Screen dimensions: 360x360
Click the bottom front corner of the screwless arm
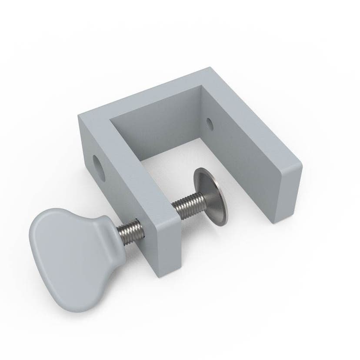(x=273, y=223)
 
